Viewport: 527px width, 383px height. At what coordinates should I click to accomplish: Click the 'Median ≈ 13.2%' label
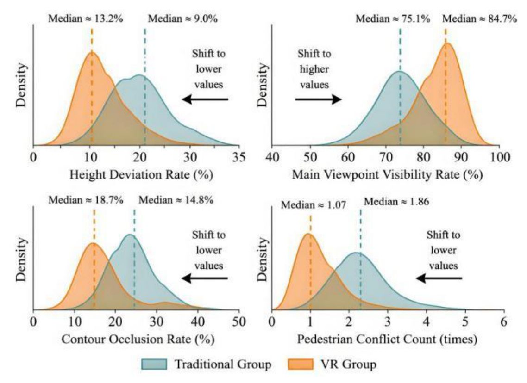coord(86,19)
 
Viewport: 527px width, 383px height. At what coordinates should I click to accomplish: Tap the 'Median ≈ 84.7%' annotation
coord(480,19)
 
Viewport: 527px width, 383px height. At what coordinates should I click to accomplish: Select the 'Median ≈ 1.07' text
coord(314,205)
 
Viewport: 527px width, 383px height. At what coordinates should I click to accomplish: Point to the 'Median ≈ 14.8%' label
coord(176,200)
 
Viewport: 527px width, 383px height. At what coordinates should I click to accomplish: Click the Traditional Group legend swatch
coord(154,364)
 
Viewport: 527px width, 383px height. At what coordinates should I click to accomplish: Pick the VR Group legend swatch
coord(301,364)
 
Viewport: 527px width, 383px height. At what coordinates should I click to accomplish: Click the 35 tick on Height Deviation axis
coord(238,157)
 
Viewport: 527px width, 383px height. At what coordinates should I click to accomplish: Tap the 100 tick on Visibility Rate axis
coord(500,157)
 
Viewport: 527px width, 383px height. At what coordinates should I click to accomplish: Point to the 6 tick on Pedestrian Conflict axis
coord(503,321)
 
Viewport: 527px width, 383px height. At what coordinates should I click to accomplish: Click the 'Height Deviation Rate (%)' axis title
coord(141,174)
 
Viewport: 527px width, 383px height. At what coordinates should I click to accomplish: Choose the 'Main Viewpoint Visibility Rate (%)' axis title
coord(387,174)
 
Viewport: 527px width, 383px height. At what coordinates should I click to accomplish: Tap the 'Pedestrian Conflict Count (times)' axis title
coord(387,340)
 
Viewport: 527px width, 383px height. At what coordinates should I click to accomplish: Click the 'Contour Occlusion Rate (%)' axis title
coord(138,340)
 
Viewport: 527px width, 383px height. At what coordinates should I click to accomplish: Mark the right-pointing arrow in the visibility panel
coord(318,99)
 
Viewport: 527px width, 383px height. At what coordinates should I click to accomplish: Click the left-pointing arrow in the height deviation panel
coord(205,99)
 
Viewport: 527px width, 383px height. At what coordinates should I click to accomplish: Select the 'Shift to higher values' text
coord(314,69)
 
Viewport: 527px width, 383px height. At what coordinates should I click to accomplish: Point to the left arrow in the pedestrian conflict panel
coord(439,278)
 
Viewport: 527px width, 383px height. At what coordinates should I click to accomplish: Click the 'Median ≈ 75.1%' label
coord(393,19)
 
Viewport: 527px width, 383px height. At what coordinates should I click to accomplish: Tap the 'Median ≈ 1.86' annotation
coord(396,202)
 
